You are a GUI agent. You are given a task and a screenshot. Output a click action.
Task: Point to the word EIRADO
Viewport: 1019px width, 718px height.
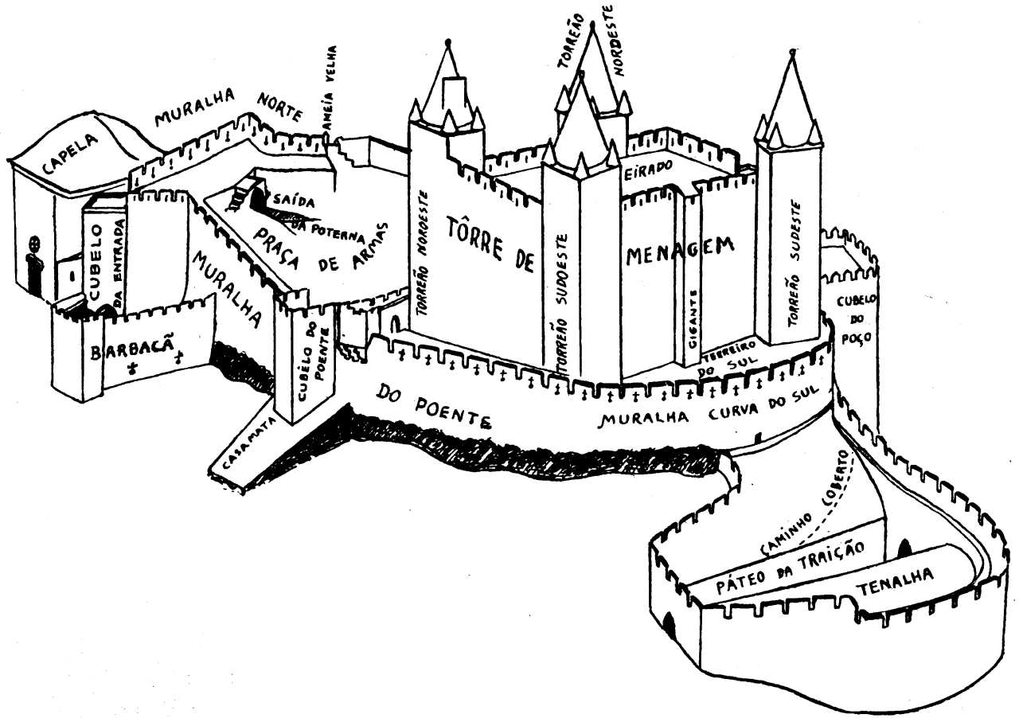pyautogui.click(x=652, y=167)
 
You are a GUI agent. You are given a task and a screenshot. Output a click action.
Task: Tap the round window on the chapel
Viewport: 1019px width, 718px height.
pyautogui.click(x=33, y=243)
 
